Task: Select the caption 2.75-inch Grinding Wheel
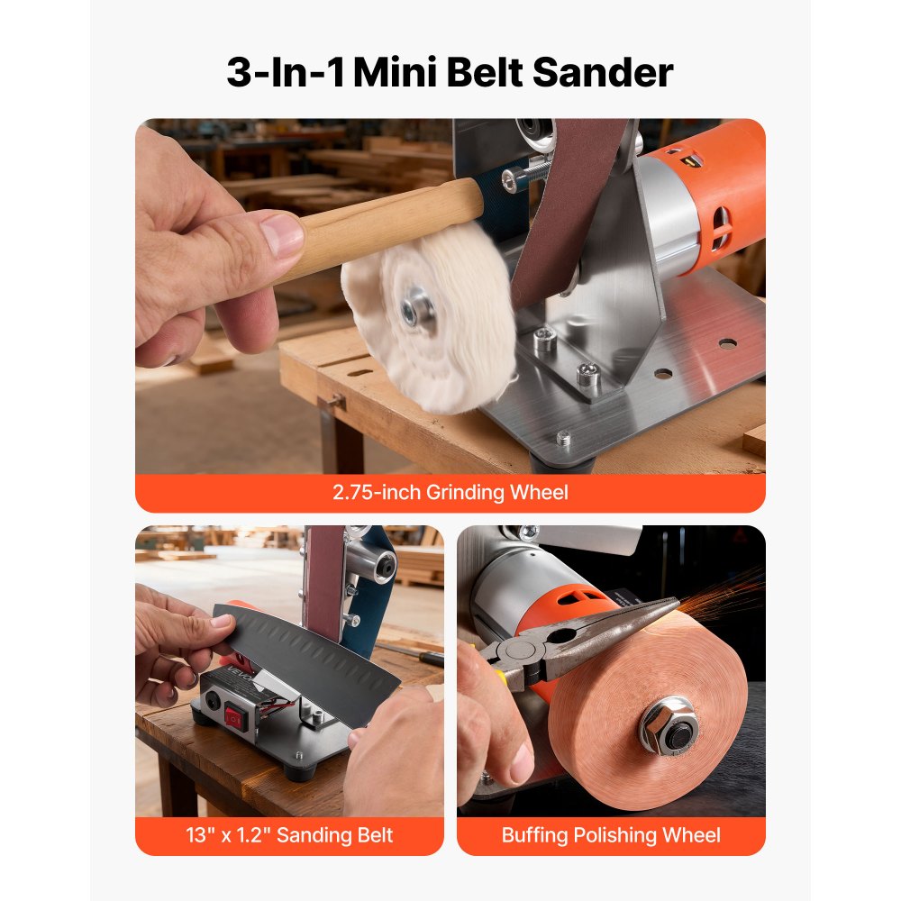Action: (x=450, y=493)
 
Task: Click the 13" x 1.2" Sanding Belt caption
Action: (x=289, y=835)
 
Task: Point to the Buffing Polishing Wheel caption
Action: (x=611, y=835)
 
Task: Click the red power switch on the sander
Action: (x=237, y=718)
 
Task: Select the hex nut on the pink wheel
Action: (x=669, y=724)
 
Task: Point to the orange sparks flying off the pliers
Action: (x=730, y=590)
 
